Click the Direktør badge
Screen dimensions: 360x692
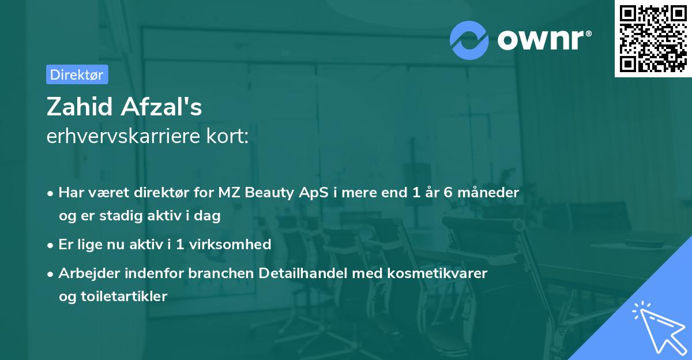point(77,74)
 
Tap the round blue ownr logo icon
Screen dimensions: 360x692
point(469,40)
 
